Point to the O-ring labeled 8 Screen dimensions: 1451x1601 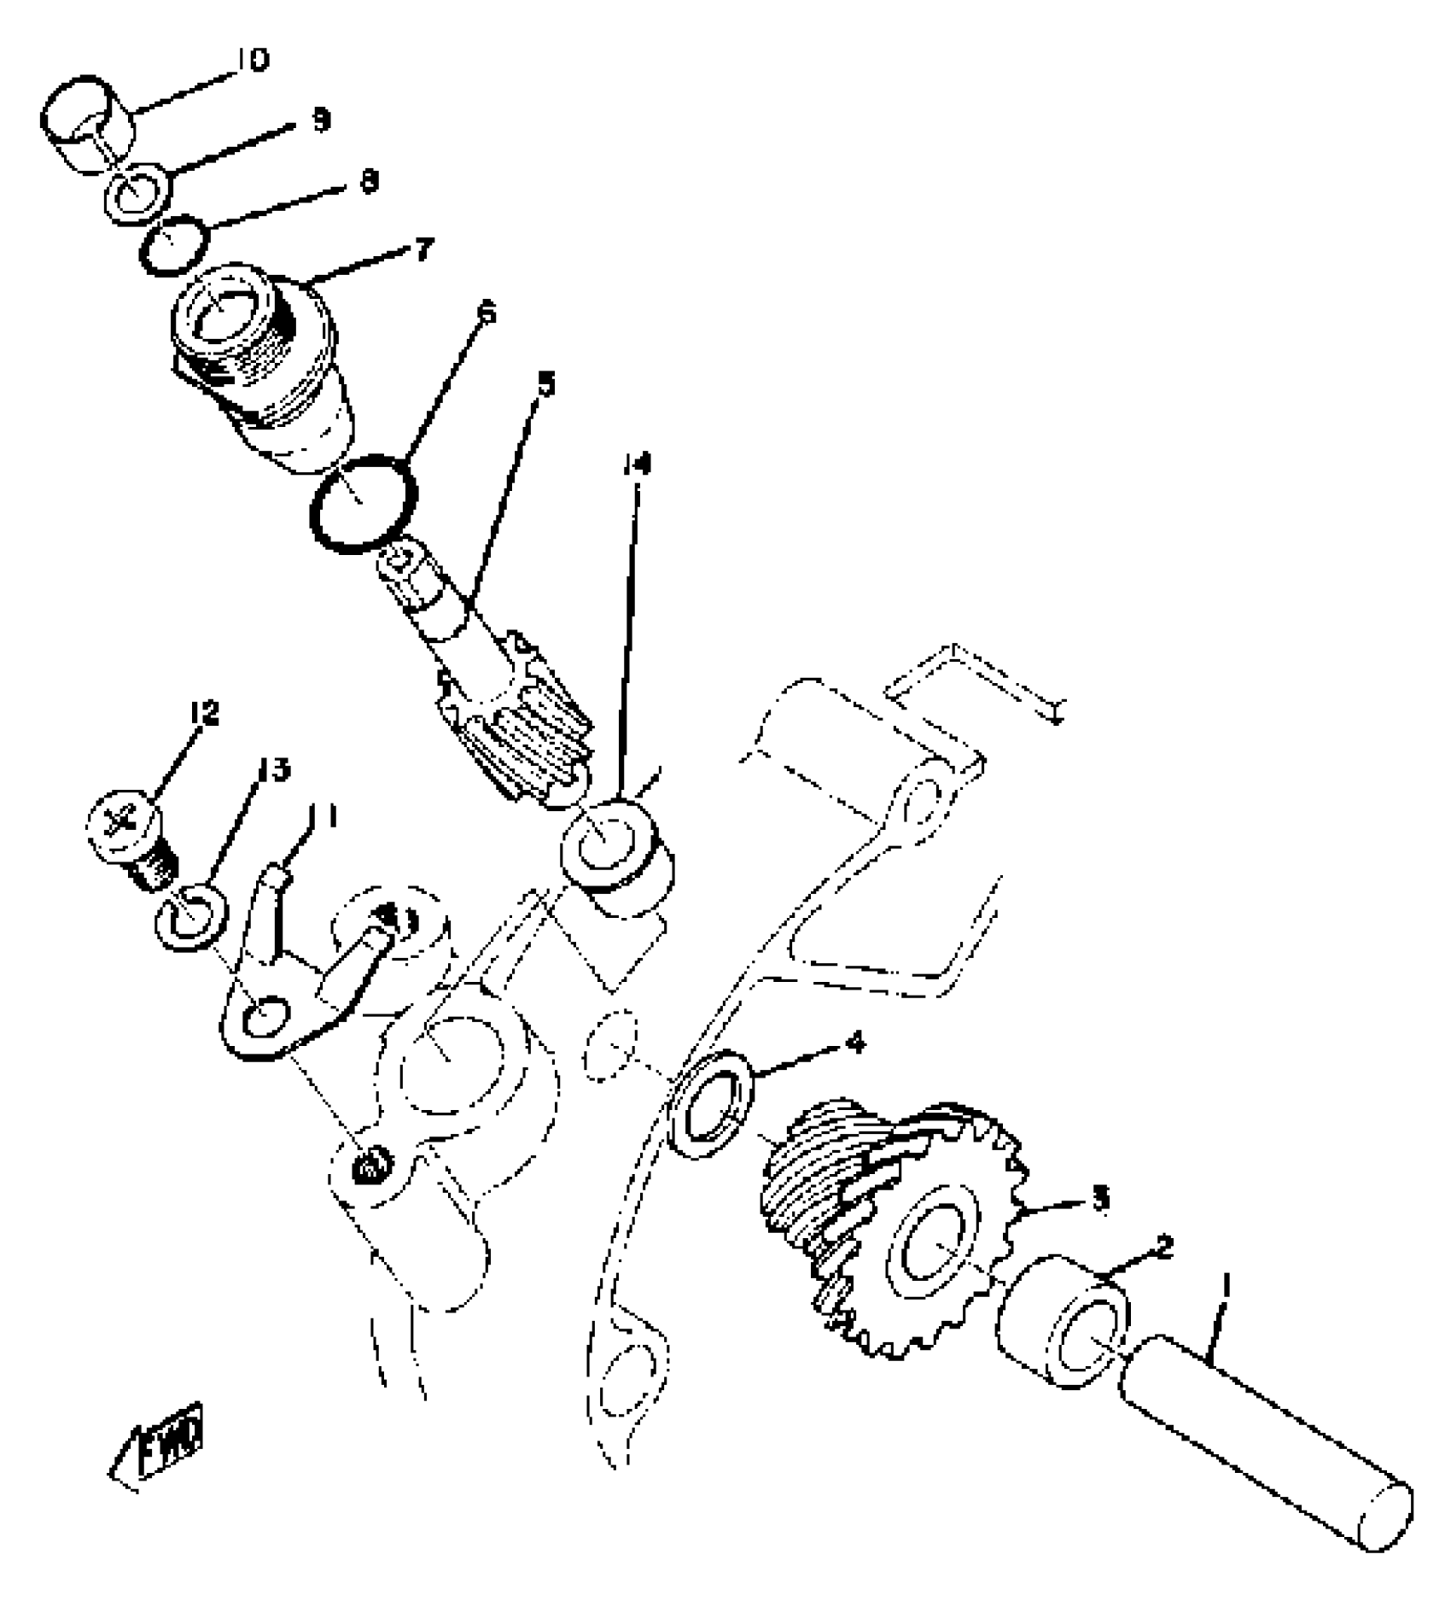tap(174, 245)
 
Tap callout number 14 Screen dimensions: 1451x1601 tap(636, 464)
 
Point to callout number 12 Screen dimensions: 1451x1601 tap(205, 713)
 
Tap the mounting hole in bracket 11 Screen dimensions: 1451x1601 tap(264, 1019)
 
